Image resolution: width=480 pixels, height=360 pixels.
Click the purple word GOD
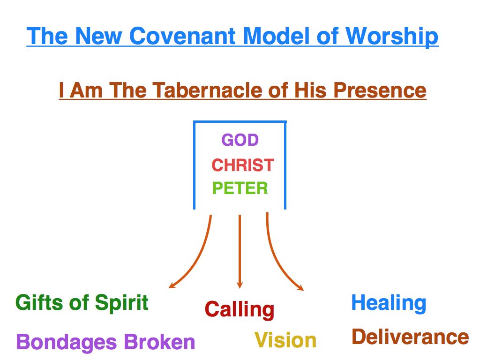[240, 140]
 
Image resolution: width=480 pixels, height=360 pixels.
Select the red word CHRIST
[243, 165]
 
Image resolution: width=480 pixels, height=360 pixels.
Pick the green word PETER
[240, 188]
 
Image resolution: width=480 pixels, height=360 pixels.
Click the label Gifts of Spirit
[82, 303]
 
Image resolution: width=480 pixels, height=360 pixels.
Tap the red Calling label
[240, 310]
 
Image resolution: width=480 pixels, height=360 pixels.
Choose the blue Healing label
[389, 303]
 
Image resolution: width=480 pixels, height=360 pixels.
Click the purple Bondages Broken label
[105, 342]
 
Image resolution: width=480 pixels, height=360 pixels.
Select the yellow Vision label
[285, 340]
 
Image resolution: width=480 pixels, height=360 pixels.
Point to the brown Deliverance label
[410, 337]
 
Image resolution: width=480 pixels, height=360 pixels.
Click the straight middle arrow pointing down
[240, 253]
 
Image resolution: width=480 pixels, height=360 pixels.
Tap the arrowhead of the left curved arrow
[172, 285]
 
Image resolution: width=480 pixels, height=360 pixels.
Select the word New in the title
[97, 36]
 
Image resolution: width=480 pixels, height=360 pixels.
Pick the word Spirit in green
[122, 303]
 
